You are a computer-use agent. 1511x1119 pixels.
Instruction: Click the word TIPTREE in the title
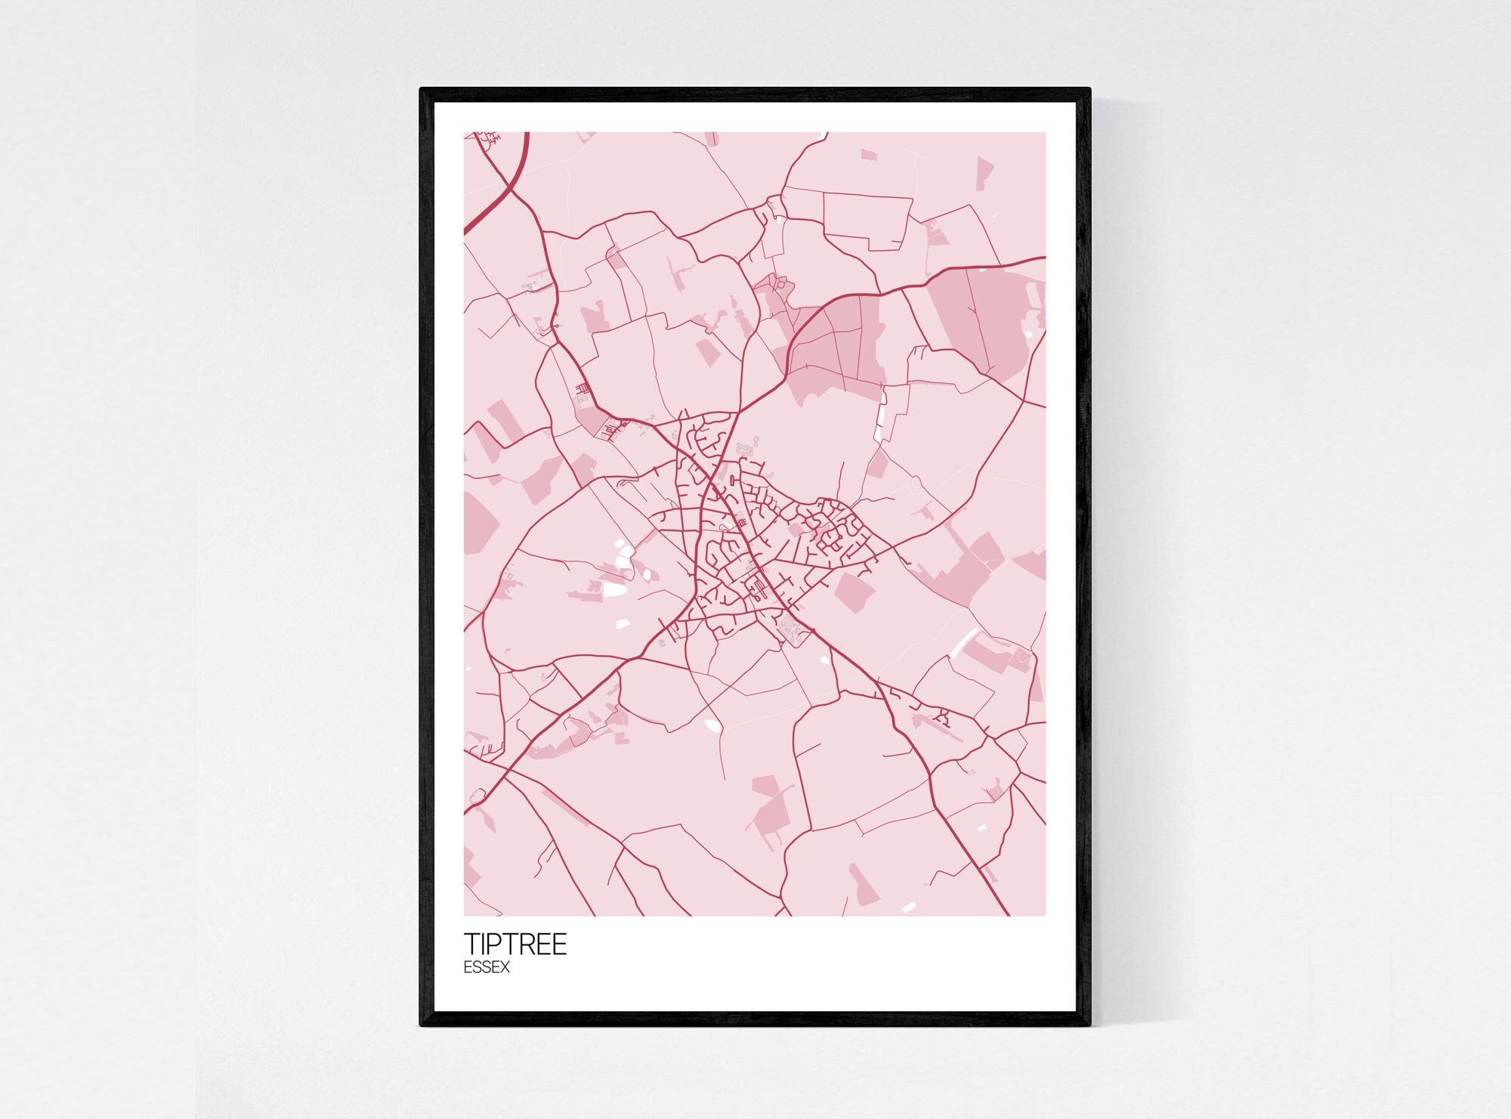pos(514,944)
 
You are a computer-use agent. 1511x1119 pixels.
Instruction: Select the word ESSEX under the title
pos(487,968)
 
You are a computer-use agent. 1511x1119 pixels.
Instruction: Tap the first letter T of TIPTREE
pos(471,944)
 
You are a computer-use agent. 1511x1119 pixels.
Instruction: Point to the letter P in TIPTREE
pos(496,944)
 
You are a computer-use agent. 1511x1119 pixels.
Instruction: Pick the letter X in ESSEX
pos(505,968)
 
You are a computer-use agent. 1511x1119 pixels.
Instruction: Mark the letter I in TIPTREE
pos(483,944)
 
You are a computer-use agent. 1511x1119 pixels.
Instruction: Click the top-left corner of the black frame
pos(422,89)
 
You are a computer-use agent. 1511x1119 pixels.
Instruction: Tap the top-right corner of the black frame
pos(1089,89)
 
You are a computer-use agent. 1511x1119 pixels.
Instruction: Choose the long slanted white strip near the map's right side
pos(965,641)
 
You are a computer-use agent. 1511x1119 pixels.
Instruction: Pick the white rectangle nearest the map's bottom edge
pos(909,906)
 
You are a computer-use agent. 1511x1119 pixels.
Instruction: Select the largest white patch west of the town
pos(613,589)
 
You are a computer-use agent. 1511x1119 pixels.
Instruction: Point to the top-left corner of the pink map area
pos(465,133)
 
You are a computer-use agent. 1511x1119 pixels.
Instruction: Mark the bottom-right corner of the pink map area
pos(1046,916)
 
